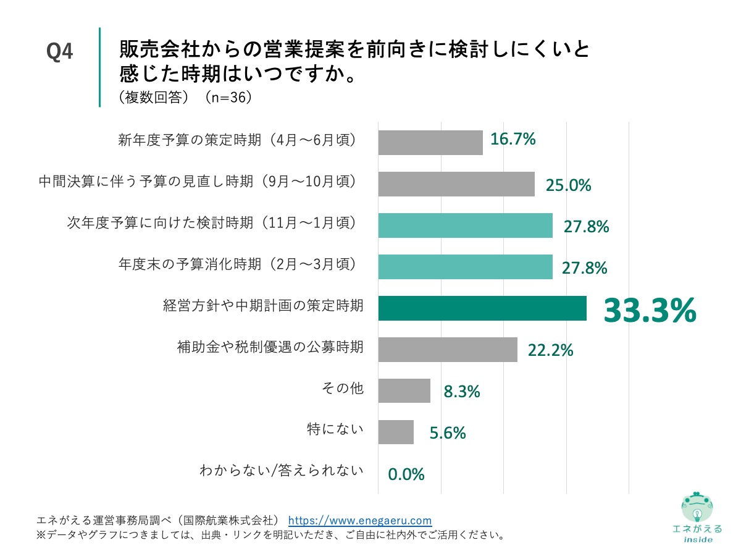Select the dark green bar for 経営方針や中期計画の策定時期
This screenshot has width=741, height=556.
tap(482, 308)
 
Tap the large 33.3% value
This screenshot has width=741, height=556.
tap(650, 311)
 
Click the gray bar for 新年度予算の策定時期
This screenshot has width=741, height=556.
tap(430, 142)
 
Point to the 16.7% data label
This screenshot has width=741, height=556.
tap(513, 140)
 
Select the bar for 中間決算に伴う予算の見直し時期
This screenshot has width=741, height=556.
tap(456, 183)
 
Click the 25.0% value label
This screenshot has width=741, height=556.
tap(569, 185)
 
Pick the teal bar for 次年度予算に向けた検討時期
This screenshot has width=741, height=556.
tap(465, 225)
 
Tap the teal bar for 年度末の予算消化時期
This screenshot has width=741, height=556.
tap(465, 267)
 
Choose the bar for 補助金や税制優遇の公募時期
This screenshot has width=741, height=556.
tap(447, 350)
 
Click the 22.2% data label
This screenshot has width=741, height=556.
tap(551, 351)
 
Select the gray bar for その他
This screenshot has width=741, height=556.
tap(404, 391)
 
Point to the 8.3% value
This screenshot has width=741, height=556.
tap(462, 392)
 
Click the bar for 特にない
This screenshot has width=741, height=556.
tap(395, 432)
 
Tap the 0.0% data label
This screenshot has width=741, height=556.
tap(406, 474)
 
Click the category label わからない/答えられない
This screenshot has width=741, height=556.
tap(282, 471)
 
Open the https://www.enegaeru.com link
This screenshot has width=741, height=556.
tap(360, 520)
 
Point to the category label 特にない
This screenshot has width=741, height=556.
tap(335, 429)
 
